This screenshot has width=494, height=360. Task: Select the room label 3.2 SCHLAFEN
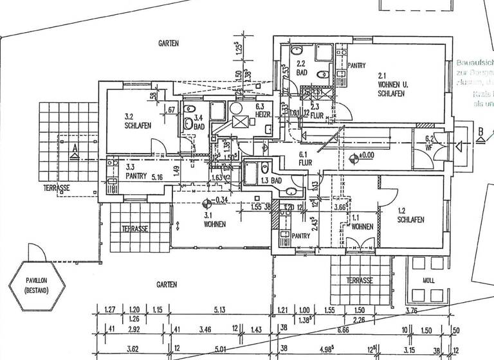(137, 122)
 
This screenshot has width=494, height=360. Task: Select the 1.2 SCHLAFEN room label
(410, 215)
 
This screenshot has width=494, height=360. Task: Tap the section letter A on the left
(75, 149)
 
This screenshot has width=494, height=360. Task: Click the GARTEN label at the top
(169, 43)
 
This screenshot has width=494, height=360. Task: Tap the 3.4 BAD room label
(198, 122)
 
